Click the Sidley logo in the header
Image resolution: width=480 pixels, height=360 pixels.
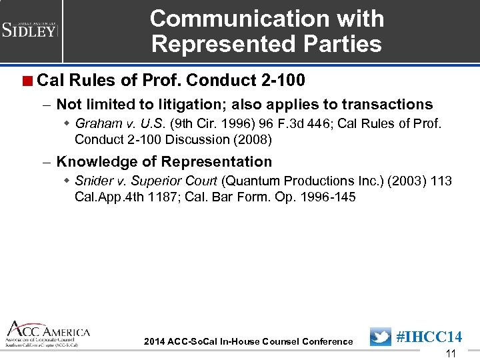(30, 29)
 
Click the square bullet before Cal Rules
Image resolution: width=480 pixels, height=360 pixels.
(27, 81)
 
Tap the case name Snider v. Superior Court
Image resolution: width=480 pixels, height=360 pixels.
(146, 181)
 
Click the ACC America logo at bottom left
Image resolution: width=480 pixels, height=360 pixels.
(46, 333)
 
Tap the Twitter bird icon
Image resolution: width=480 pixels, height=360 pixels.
(381, 337)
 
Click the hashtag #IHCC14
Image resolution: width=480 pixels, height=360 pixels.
(429, 337)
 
